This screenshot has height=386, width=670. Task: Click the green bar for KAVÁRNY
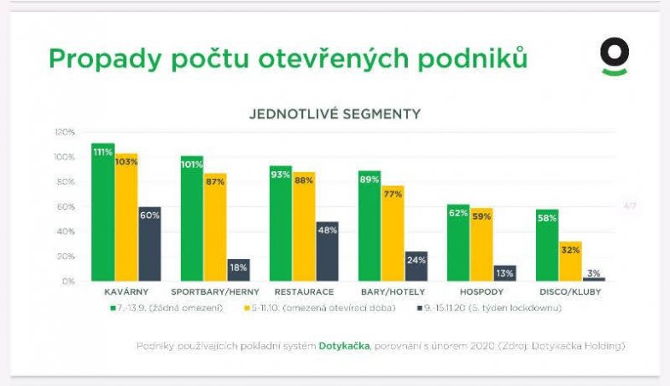[x=102, y=212]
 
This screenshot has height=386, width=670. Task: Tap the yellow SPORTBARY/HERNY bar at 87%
[x=215, y=227]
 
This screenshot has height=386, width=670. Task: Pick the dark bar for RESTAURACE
[x=327, y=251]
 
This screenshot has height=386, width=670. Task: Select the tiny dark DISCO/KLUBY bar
[x=594, y=279]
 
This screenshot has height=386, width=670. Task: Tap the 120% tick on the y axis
[x=65, y=132]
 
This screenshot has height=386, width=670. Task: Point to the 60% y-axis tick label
[x=67, y=206]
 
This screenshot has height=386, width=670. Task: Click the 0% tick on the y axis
[x=69, y=280]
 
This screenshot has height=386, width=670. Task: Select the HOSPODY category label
[x=481, y=291]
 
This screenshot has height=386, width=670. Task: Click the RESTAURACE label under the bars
[x=304, y=291]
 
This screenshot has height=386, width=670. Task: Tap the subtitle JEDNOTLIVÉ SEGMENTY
[x=334, y=112]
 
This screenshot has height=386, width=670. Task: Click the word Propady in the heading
[x=94, y=59]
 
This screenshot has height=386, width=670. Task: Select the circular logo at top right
[x=615, y=56]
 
